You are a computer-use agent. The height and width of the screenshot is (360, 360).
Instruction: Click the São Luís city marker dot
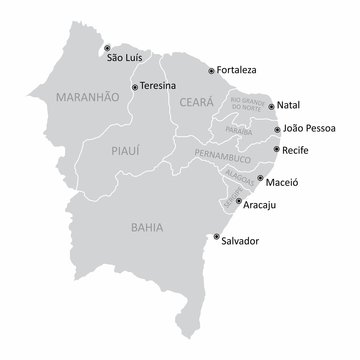(109, 46)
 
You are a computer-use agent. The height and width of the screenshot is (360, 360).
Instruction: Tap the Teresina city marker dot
(137, 87)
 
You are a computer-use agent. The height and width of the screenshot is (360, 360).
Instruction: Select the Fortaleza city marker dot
(210, 71)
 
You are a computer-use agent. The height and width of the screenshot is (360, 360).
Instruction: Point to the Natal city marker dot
(271, 105)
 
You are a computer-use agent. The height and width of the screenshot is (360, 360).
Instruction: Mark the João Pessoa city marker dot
(277, 128)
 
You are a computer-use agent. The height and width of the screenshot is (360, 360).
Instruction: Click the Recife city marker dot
(277, 149)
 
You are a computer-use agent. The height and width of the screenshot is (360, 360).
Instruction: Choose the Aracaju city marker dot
(238, 201)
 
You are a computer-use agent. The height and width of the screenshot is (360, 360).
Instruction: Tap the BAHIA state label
(147, 227)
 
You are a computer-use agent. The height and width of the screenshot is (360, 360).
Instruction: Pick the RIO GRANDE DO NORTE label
(249, 107)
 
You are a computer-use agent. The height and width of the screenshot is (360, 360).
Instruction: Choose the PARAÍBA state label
(238, 131)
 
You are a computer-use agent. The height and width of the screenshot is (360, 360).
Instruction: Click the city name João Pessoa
(310, 128)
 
